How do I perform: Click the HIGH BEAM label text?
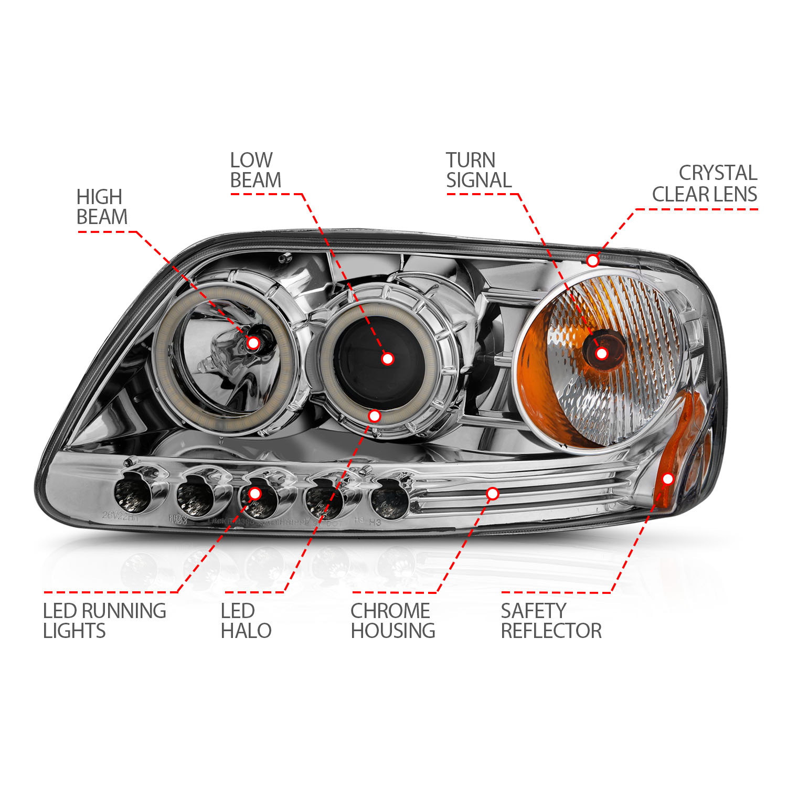(102, 207)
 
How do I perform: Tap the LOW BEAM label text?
(256, 171)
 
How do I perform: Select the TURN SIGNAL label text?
(478, 171)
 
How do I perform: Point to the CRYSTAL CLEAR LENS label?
(705, 184)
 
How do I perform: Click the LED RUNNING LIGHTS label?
(104, 621)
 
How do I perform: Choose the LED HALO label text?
(246, 621)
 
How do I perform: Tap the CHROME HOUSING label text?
(392, 621)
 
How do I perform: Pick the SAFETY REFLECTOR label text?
(551, 621)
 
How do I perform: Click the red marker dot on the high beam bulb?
(253, 343)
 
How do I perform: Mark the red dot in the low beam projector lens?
(388, 359)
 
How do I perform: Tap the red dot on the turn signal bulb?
(602, 354)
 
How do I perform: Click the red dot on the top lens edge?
(593, 261)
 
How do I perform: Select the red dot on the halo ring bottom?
(375, 416)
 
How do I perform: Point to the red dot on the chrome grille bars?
(493, 493)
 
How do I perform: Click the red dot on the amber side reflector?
(668, 478)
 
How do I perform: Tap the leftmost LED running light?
(131, 496)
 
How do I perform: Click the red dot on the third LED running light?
(255, 493)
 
